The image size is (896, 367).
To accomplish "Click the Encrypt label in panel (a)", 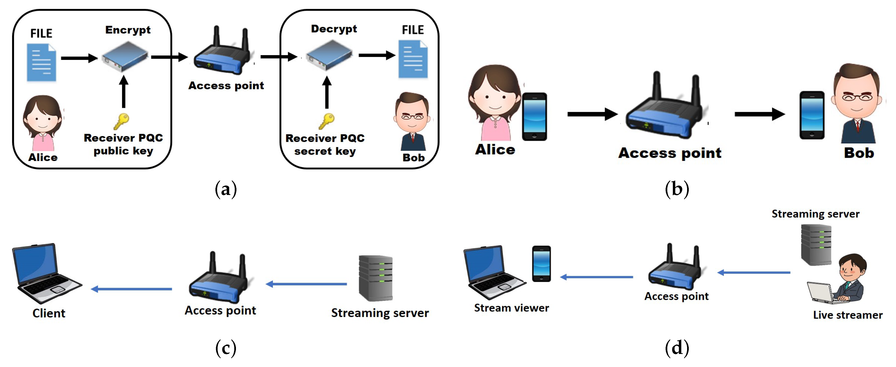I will tap(128, 30).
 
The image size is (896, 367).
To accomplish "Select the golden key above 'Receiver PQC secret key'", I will tap(327, 121).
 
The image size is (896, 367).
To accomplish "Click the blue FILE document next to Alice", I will tap(41, 63).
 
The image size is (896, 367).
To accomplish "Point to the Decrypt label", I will tap(334, 29).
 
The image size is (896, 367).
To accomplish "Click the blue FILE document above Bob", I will tap(413, 59).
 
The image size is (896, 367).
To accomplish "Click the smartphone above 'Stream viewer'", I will tap(541, 263).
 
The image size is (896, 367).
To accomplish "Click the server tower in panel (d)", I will tap(816, 245).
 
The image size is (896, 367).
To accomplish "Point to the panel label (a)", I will tap(226, 190).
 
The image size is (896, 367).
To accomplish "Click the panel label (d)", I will tap(676, 348).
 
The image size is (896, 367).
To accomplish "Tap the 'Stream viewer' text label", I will tap(511, 308).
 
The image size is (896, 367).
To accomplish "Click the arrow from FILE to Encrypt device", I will tap(79, 58).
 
